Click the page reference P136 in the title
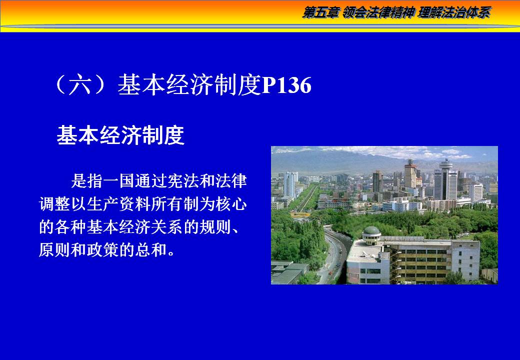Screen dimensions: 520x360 click(x=287, y=85)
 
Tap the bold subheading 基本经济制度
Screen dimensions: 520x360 click(x=120, y=135)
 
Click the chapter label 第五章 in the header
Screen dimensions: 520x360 click(x=320, y=13)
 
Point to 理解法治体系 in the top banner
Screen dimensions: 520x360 click(x=454, y=13)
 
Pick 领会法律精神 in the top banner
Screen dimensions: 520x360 click(x=378, y=13)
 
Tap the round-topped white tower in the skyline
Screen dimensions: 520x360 click(x=445, y=179)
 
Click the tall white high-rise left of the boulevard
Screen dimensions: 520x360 click(x=290, y=185)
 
